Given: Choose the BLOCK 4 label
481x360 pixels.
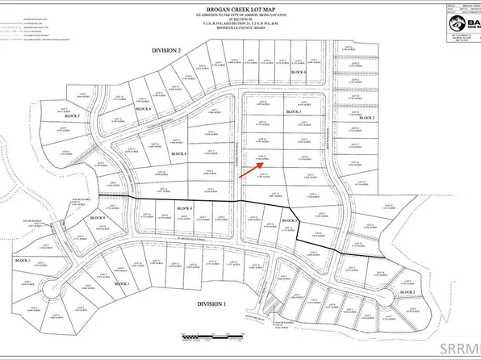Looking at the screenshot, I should tap(208, 209).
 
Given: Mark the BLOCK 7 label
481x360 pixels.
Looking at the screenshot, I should tap(313, 220).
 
